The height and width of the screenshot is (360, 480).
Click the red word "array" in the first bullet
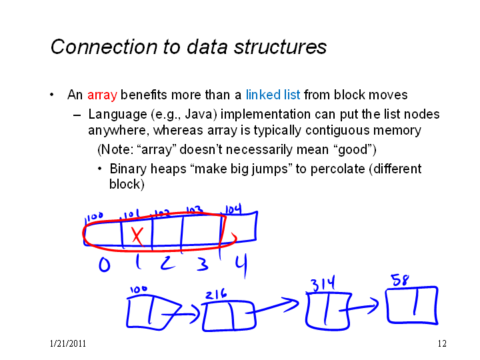(x=102, y=95)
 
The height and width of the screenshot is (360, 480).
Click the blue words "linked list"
(x=273, y=95)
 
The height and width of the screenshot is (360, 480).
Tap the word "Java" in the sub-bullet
(x=201, y=115)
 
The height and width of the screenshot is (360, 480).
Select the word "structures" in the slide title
(x=280, y=47)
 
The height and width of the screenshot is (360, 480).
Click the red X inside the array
(x=137, y=236)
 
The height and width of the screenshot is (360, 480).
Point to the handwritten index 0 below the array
(x=105, y=265)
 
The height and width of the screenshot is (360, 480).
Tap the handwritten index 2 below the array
(x=168, y=263)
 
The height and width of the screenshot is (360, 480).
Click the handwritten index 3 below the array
(x=203, y=264)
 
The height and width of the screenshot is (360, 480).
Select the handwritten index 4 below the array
(x=241, y=266)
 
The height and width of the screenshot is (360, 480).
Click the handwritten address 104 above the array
(x=233, y=210)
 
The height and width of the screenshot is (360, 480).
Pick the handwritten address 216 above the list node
(x=216, y=294)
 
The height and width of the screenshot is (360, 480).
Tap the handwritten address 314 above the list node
(x=323, y=283)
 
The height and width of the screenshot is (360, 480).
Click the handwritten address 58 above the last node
(x=400, y=280)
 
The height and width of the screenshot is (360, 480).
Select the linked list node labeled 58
(x=412, y=305)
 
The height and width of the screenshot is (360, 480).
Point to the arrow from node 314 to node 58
(x=359, y=307)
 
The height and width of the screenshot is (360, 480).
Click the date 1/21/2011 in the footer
(x=67, y=344)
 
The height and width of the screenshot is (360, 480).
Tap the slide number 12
(x=442, y=344)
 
